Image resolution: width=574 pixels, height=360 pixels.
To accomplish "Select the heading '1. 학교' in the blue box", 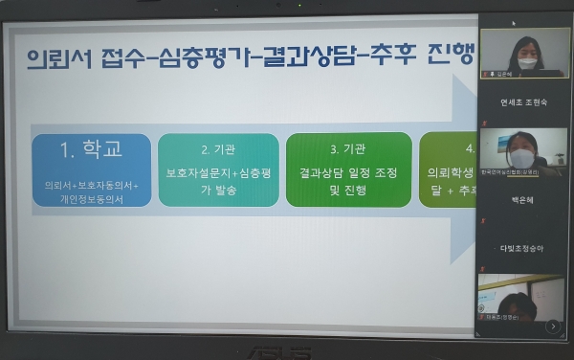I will [x=91, y=150].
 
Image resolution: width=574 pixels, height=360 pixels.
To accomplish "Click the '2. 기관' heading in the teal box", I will [x=218, y=150].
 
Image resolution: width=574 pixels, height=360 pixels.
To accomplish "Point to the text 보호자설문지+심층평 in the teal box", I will [x=219, y=173].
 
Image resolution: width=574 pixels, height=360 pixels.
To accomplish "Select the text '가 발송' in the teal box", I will [x=219, y=190].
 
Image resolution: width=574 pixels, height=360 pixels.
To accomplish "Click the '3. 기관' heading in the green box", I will [x=348, y=150].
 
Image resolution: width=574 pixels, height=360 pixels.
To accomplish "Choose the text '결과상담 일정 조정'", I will [x=348, y=173].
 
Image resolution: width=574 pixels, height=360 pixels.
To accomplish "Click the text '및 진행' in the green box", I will [x=348, y=190].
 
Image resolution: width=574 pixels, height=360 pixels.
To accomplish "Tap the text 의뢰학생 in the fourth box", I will [x=450, y=173].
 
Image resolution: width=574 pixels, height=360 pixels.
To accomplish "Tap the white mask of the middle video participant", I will [x=522, y=157].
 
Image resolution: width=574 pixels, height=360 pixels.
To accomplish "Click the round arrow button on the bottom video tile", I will [x=553, y=326].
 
